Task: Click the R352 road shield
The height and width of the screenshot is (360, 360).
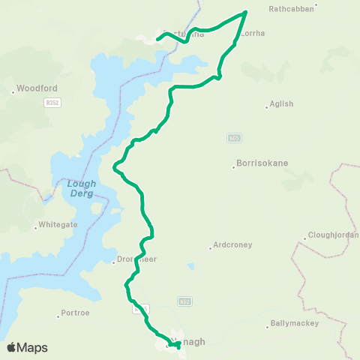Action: point(51,101)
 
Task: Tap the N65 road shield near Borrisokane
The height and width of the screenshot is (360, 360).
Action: point(234,138)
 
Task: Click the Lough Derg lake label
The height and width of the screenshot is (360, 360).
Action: point(80,187)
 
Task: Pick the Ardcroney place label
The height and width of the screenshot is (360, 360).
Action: point(232,244)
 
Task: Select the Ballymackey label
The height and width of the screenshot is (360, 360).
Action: point(293,323)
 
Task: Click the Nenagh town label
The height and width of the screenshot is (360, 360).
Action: point(188,341)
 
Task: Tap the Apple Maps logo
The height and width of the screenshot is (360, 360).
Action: point(27,347)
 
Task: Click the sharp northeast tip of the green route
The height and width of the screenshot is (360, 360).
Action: point(246,12)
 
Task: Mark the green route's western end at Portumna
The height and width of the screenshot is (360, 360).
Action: point(157,38)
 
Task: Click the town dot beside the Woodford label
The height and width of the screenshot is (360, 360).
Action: point(13,92)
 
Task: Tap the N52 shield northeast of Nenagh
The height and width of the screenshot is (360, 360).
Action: point(184,301)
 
